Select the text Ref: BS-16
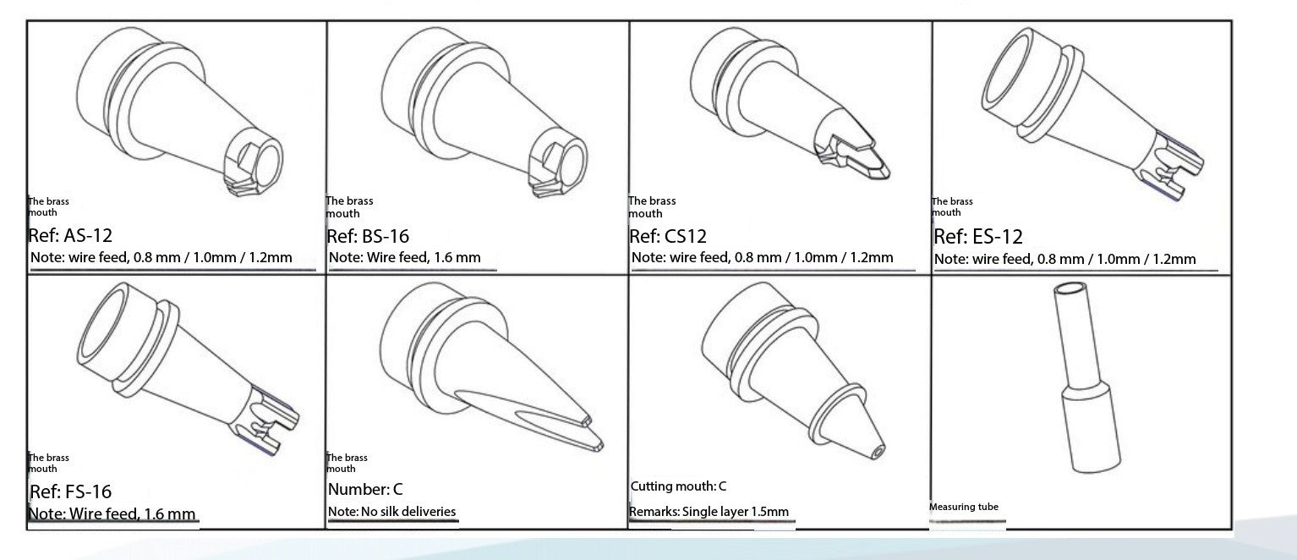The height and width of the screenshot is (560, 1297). [x=368, y=236]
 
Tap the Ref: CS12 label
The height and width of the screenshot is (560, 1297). [x=668, y=236]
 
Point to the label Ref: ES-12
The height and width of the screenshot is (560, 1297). [x=978, y=236]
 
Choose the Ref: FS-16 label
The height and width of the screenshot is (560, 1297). [x=70, y=491]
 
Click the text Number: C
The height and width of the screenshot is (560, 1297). [x=365, y=489]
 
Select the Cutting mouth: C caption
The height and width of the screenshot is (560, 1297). [x=678, y=486]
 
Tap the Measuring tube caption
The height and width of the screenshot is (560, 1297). [x=964, y=507]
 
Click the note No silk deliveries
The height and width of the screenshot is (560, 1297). [x=408, y=511]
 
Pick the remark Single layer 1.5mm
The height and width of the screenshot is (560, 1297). [x=736, y=512]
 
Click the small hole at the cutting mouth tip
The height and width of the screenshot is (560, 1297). [x=878, y=452]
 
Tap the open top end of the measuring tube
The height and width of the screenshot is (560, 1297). [x=1070, y=288]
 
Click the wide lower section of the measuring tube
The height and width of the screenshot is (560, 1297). [x=1092, y=429]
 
